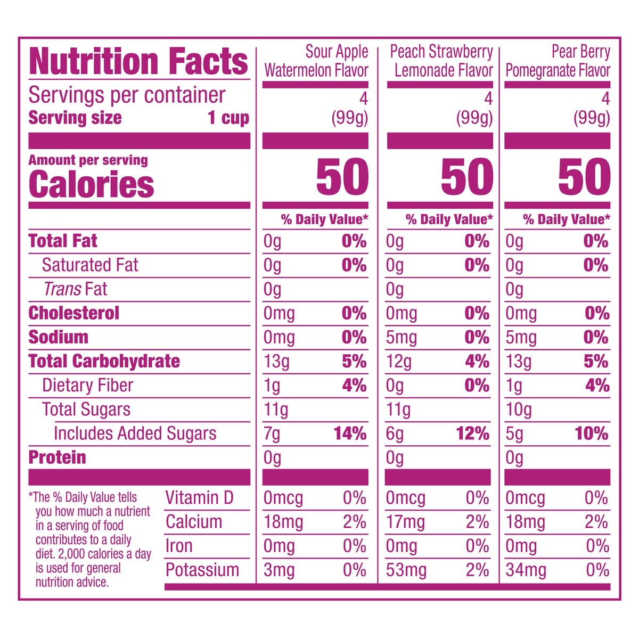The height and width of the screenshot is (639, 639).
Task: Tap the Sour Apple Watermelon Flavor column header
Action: pos(316,61)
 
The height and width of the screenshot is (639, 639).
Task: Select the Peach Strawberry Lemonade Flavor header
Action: pos(442,61)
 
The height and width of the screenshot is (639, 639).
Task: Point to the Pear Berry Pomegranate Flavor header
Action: pos(558,61)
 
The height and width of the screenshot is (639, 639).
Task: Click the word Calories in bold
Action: pos(91,184)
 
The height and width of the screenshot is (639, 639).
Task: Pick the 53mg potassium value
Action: pos(406,570)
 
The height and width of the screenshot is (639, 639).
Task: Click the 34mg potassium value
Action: pos(526,570)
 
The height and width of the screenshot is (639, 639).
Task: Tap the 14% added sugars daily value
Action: pos(350,433)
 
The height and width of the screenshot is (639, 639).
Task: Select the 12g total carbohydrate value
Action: pos(399,362)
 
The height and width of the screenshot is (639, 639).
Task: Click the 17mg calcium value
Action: pos(405,522)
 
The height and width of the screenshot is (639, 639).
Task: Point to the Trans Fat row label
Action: pos(75,289)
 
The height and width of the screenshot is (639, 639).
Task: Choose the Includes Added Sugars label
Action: pos(135,433)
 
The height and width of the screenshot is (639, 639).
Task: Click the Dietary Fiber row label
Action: pos(87,386)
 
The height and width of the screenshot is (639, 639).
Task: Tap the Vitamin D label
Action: pos(199,498)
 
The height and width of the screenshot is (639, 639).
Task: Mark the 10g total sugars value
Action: pos(519,409)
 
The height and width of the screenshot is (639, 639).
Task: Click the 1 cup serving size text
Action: pos(228,118)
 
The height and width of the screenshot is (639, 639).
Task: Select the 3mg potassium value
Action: pos(279,570)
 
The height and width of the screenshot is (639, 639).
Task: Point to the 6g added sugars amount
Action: pos(395,433)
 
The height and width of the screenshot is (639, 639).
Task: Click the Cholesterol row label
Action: pos(73,313)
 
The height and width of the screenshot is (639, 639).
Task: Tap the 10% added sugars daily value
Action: pos(591,433)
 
